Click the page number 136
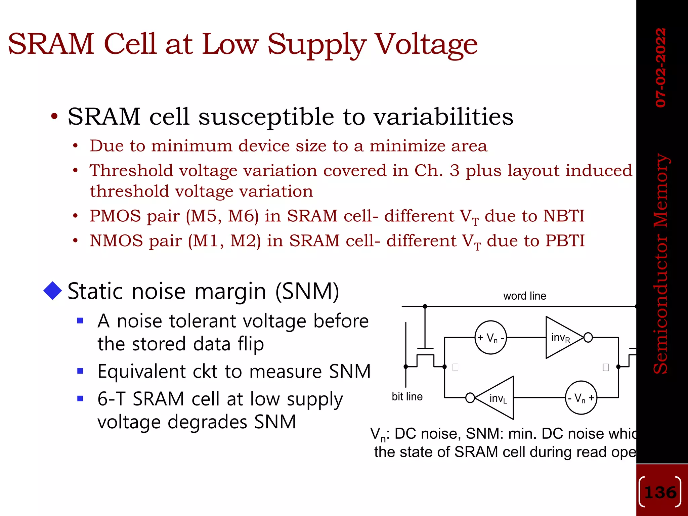tap(660, 492)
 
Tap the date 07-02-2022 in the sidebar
tap(660, 68)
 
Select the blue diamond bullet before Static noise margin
tap(53, 291)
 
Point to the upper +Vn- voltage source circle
tap(490, 337)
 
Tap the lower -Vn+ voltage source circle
tap(581, 398)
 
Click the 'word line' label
tap(524, 296)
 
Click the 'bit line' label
tap(407, 397)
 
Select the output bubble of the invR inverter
tap(588, 337)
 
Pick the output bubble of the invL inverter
tap(470, 398)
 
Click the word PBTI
tap(565, 241)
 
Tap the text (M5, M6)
tap(222, 216)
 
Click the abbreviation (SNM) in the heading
tap(307, 291)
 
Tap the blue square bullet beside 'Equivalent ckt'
tap(80, 371)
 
